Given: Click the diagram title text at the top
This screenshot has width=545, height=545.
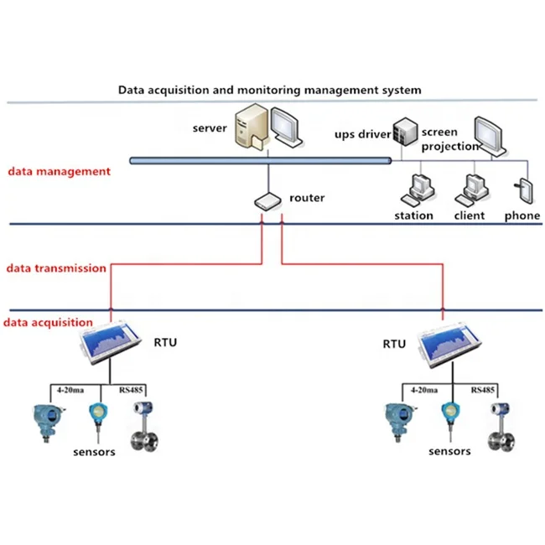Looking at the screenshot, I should click(x=269, y=89).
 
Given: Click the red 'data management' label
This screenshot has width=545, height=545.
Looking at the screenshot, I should click(x=59, y=171).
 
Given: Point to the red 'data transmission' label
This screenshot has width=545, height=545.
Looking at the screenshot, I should click(x=56, y=268).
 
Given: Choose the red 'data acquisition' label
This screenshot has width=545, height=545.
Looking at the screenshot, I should click(x=49, y=322).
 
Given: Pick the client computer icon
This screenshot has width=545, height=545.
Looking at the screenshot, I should click(x=471, y=190).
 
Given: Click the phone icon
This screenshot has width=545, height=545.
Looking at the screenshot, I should click(x=525, y=190).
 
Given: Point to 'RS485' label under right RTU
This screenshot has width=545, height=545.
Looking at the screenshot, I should click(x=484, y=390).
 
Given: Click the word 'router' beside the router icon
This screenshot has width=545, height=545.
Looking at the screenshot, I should click(x=307, y=199).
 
